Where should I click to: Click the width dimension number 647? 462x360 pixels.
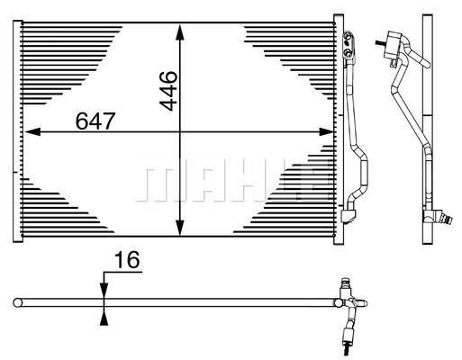(93, 120)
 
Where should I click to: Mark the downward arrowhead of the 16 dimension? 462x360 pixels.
(104, 287)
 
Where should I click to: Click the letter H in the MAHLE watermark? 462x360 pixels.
(236, 184)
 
